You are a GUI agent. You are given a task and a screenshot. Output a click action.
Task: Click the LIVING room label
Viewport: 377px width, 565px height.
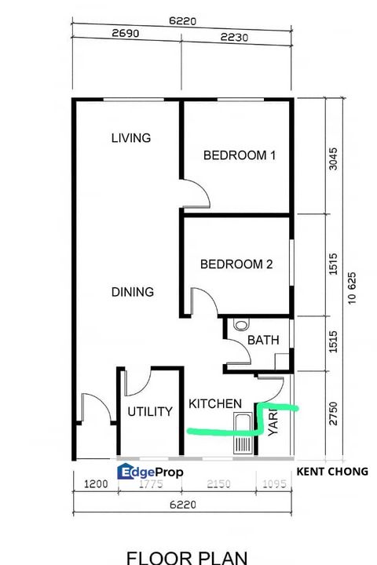coord(130,138)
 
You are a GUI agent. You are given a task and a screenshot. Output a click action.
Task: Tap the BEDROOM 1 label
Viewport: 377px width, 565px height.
coord(240,155)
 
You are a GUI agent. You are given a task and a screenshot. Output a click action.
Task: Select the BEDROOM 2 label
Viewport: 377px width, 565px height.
coord(236,264)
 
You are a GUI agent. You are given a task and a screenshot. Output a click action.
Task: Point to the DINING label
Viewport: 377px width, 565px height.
coord(132,292)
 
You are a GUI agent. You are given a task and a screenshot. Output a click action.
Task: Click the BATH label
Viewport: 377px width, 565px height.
coord(260,340)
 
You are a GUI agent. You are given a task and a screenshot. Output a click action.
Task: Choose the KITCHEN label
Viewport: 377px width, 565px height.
coord(215,403)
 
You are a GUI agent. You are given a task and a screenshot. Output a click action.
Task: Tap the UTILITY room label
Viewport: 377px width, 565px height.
coord(150,411)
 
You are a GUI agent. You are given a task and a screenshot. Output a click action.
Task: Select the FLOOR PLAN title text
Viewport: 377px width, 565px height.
coord(187,557)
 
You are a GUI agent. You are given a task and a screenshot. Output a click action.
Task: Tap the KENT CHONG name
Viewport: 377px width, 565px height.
coord(332,472)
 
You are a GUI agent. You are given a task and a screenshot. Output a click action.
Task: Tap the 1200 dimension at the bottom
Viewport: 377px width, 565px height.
coord(95,484)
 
